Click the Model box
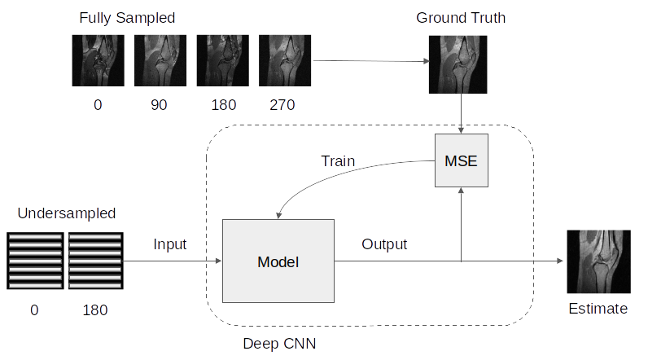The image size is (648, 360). (x=278, y=261)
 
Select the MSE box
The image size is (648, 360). (x=460, y=160)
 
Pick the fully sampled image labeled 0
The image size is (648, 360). (x=98, y=59)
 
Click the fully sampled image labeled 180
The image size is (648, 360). (x=221, y=59)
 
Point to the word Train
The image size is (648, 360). (x=338, y=160)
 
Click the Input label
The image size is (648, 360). (x=170, y=244)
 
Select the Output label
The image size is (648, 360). (x=384, y=244)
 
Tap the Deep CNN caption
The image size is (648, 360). (x=279, y=344)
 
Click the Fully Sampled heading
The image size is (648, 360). (x=127, y=17)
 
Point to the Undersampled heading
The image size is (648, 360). (x=65, y=213)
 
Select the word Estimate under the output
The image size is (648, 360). (x=598, y=309)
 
